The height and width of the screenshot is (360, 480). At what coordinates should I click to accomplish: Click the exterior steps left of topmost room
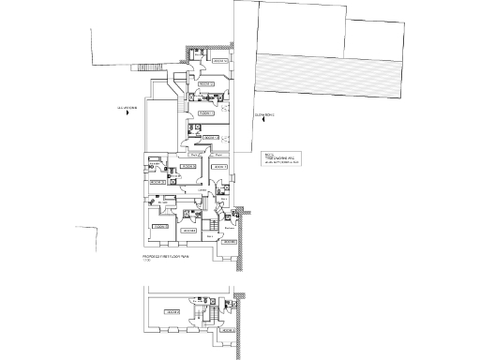(148, 67)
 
